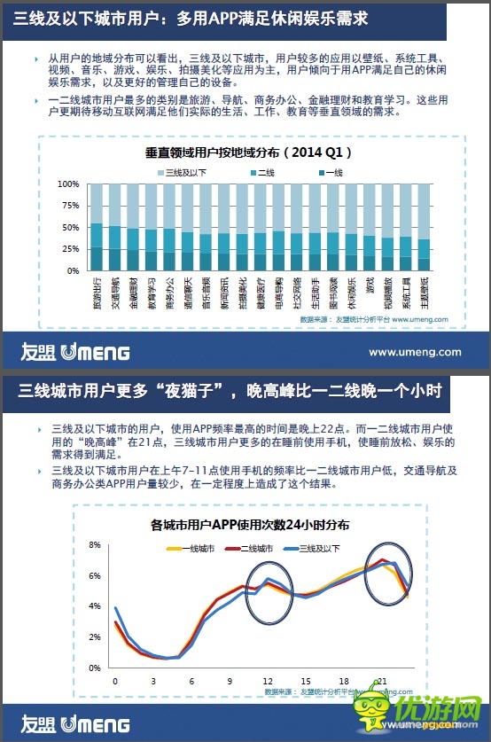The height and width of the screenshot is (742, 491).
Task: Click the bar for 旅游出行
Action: [97, 228]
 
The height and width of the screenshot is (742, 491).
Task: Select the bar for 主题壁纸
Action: [424, 228]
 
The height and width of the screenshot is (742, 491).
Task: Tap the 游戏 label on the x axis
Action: [369, 287]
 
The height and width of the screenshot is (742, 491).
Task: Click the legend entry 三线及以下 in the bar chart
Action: [183, 172]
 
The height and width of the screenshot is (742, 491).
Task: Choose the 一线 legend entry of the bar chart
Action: [328, 172]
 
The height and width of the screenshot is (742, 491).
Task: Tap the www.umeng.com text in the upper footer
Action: [415, 352]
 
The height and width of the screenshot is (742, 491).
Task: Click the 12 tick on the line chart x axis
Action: [268, 680]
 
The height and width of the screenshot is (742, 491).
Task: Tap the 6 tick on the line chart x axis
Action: [191, 680]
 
